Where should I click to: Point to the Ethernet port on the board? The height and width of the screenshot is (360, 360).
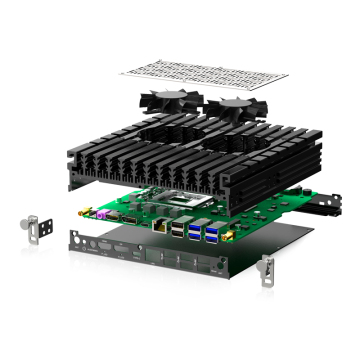[159, 225]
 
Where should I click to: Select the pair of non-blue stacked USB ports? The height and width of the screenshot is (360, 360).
[178, 229]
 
